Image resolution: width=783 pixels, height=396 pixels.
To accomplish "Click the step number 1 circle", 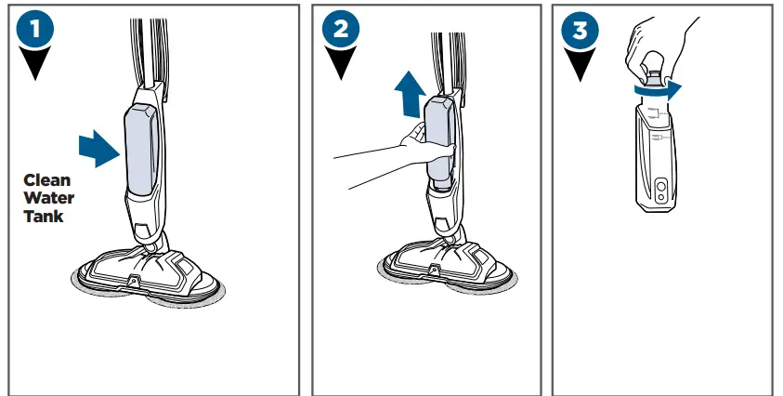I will (35, 30).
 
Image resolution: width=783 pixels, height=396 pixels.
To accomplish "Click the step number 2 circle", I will (341, 30).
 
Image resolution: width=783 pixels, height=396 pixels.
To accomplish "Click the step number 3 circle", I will (580, 30).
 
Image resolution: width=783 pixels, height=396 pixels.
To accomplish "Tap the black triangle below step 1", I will (35, 68).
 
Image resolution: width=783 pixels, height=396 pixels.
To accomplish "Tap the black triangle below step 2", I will (341, 68).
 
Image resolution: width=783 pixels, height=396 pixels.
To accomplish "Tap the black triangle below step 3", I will (580, 68).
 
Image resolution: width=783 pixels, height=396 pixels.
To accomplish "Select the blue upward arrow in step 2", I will (409, 94).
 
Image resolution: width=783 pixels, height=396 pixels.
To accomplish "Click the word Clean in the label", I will (46, 180).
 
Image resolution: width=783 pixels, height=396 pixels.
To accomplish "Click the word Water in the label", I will (48, 198).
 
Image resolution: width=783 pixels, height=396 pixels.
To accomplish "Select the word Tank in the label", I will (45, 216).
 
